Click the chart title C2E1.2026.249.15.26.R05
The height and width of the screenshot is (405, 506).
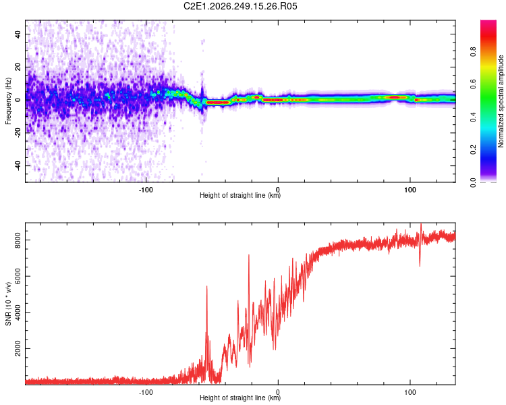[x=240, y=6]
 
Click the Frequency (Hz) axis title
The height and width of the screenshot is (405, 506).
[x=8, y=101]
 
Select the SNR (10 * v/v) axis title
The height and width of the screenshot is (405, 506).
[x=8, y=304]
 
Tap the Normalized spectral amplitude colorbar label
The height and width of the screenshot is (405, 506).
[x=501, y=101]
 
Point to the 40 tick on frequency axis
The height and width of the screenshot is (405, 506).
[x=18, y=34]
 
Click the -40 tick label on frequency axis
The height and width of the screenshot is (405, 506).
[x=18, y=165]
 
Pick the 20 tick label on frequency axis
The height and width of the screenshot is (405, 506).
[x=18, y=67]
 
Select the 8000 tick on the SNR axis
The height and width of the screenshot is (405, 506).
[x=18, y=240]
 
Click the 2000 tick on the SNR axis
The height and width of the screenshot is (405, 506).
[x=18, y=348]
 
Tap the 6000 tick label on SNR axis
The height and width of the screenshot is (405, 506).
[x=18, y=276]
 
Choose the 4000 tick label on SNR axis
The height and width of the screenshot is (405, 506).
[x=18, y=313]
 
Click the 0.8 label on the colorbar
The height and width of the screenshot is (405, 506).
[x=473, y=51]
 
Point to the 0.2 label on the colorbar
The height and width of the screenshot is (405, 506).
[x=473, y=150]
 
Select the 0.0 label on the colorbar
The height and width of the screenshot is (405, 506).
[x=473, y=182]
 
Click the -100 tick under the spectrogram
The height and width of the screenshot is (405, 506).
[x=146, y=190]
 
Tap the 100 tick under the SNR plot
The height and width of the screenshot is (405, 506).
[x=410, y=392]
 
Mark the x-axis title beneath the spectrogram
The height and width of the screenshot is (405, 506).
[x=240, y=195]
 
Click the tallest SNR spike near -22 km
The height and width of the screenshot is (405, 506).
[x=249, y=255]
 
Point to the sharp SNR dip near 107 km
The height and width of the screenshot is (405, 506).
[x=420, y=266]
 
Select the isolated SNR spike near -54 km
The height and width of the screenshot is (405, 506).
[x=207, y=286]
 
